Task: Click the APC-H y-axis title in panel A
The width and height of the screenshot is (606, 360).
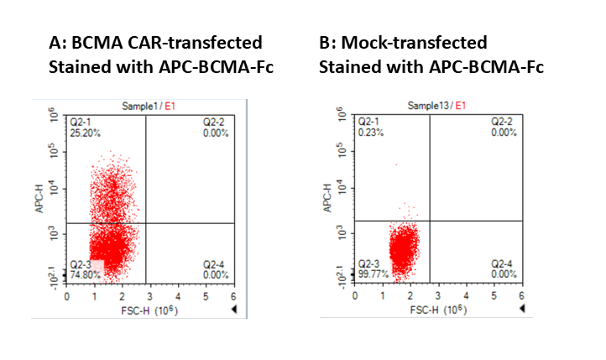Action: tap(39, 201)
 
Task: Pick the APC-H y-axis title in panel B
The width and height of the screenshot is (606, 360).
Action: tap(328, 201)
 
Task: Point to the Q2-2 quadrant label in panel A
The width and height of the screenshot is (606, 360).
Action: tap(213, 123)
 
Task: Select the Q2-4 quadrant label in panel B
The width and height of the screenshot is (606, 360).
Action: tap(503, 264)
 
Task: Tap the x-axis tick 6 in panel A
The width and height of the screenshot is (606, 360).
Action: tap(232, 297)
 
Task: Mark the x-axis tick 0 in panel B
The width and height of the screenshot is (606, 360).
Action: tap(355, 297)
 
